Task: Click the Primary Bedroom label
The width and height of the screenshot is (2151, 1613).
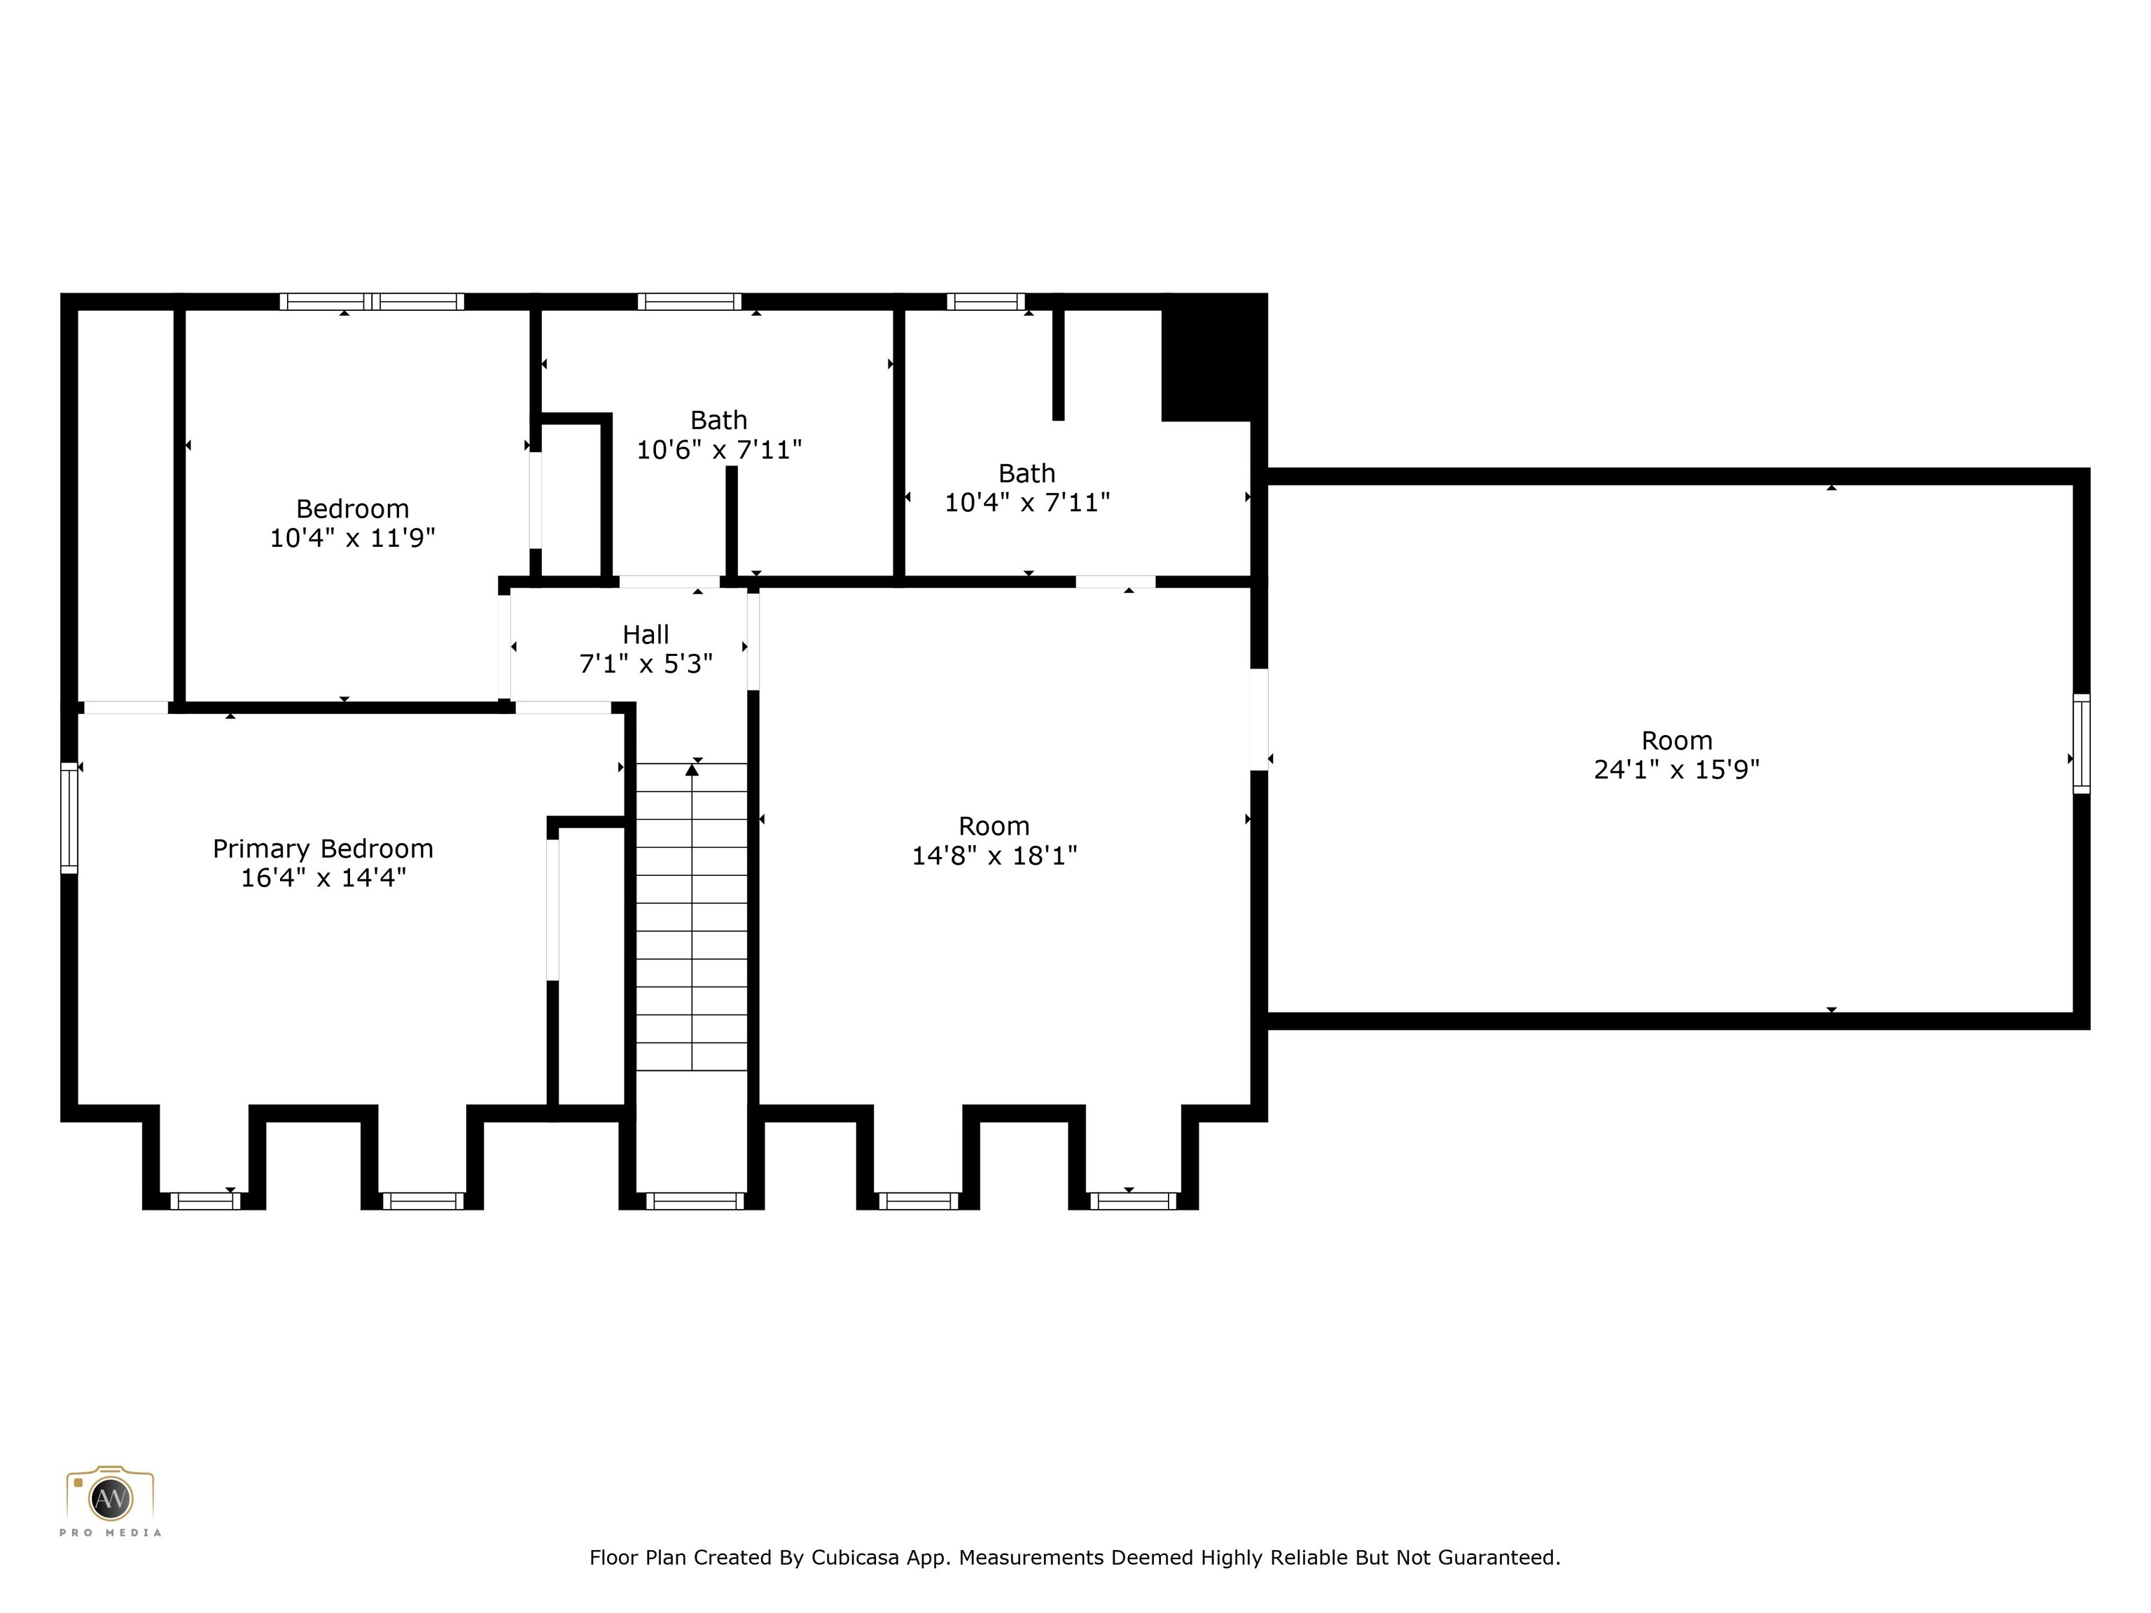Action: pyautogui.click(x=323, y=849)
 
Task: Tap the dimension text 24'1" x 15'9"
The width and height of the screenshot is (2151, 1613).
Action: pyautogui.click(x=1676, y=769)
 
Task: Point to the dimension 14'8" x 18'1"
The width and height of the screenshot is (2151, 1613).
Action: pyautogui.click(x=994, y=855)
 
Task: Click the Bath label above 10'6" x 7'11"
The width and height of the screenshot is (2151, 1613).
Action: pyautogui.click(x=718, y=420)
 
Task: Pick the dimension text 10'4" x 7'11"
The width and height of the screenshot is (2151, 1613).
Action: pyautogui.click(x=1027, y=502)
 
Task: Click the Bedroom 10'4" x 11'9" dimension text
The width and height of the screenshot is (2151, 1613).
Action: pyautogui.click(x=352, y=537)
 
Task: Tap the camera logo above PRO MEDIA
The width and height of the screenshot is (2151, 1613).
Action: pyautogui.click(x=110, y=1497)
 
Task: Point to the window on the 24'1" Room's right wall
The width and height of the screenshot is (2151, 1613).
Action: pyautogui.click(x=2081, y=743)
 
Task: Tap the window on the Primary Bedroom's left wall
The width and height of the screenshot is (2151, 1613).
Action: pyautogui.click(x=69, y=818)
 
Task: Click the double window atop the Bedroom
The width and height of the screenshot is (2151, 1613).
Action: pyautogui.click(x=372, y=302)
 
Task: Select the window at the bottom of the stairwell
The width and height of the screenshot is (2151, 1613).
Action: pyautogui.click(x=695, y=1201)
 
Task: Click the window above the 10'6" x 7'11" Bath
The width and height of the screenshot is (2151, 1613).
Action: pyautogui.click(x=690, y=302)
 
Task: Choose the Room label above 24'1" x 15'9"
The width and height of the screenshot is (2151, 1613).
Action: pyautogui.click(x=1676, y=741)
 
